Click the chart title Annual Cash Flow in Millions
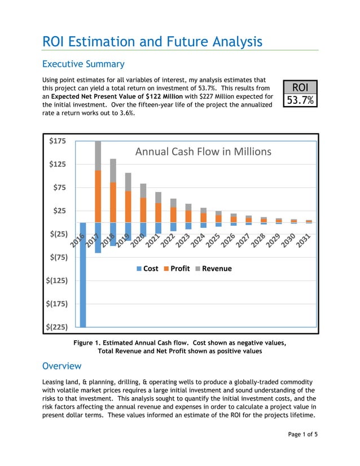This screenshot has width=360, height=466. tap(203, 151)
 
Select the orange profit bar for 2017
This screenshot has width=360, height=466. tap(98, 196)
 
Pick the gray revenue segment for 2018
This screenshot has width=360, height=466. tap(113, 170)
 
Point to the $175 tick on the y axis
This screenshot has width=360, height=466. tap(56, 141)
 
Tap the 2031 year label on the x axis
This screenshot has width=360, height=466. tap(304, 241)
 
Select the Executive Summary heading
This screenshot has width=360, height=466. tap(84, 64)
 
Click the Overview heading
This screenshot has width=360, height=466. tap(62, 366)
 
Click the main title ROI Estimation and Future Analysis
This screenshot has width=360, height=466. tap(152, 42)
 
